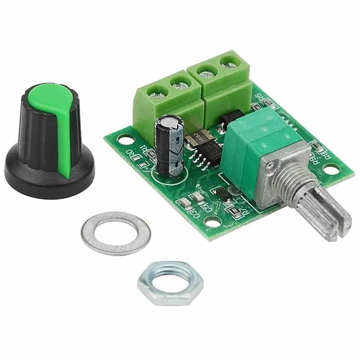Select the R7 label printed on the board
tap(243, 209)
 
